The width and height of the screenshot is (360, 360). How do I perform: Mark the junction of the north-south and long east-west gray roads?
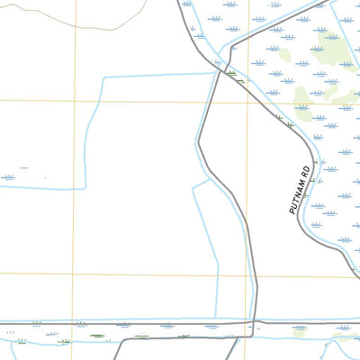[256, 321]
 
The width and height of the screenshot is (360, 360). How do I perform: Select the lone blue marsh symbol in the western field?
[9, 176]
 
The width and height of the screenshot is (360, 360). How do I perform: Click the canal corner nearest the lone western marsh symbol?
[85, 187]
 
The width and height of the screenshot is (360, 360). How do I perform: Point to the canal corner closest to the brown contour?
[105, 78]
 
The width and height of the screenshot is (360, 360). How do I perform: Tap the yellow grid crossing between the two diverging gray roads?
[249, 101]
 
